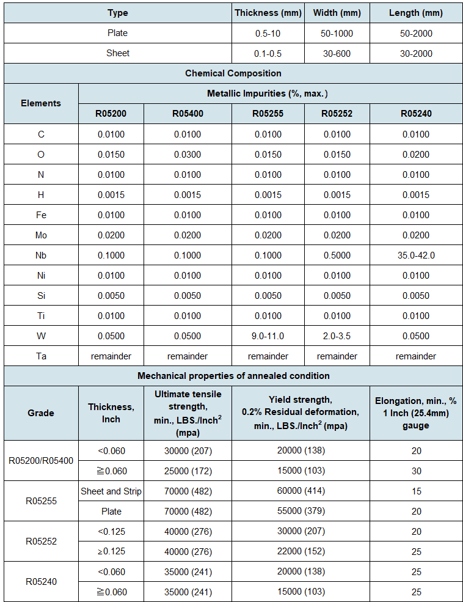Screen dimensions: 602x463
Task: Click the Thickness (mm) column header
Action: pos(269,13)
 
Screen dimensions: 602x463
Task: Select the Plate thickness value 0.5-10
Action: pos(269,33)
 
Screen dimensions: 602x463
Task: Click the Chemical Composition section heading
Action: pos(233,73)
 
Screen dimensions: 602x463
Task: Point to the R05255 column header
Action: pos(268,113)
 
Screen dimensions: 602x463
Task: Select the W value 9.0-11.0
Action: pos(268,336)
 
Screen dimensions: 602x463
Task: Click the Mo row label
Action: pos(41,235)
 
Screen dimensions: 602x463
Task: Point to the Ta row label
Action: pos(41,356)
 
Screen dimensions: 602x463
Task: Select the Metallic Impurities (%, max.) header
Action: pos(268,93)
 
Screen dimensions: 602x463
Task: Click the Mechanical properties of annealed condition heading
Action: pos(233,376)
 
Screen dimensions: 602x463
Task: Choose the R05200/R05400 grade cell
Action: pos(41,460)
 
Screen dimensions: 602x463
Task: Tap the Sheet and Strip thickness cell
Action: pos(111,491)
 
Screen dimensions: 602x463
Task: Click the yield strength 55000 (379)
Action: pos(301,511)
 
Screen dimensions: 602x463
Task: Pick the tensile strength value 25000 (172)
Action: pos(188,471)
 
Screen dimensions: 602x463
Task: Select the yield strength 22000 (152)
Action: pos(301,551)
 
